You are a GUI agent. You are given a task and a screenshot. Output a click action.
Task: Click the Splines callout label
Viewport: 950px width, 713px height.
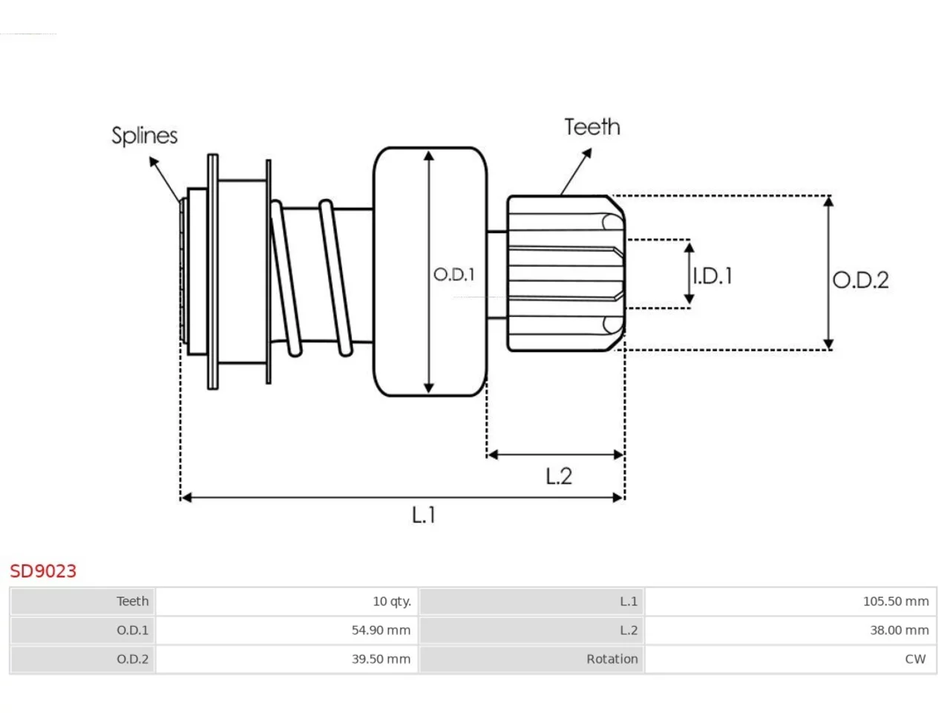tap(145, 136)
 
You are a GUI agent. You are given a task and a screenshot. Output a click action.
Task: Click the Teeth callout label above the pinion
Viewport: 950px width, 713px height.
tap(592, 127)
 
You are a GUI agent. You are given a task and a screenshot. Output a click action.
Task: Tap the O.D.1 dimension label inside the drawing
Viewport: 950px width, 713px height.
tap(454, 274)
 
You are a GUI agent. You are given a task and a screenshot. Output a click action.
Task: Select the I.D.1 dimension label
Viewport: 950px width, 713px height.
tap(712, 276)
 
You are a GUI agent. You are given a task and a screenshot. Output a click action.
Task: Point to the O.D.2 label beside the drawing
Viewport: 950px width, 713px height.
tap(860, 280)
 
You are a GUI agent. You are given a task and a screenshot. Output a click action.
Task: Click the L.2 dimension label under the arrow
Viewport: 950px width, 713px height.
tap(559, 476)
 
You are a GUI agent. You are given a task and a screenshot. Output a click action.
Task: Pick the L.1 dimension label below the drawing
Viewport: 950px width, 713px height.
tap(423, 515)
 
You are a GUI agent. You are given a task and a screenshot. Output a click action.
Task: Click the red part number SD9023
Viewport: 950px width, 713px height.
tap(43, 571)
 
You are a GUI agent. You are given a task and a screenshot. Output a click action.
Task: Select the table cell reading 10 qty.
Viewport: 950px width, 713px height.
tap(392, 602)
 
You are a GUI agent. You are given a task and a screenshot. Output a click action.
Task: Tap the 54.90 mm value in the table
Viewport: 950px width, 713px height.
tap(381, 630)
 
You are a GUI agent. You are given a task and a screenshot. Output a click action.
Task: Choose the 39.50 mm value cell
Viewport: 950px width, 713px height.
tap(381, 659)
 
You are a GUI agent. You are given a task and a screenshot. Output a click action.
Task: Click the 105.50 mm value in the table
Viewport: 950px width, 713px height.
tap(896, 602)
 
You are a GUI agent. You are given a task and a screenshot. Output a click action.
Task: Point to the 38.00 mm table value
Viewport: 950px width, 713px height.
tap(900, 630)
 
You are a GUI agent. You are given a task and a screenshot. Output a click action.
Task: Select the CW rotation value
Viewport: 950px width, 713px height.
tap(915, 659)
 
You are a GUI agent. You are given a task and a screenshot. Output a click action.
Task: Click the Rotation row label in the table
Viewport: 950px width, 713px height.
tap(612, 659)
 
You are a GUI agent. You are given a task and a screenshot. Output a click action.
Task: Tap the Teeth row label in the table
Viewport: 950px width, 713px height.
tap(132, 602)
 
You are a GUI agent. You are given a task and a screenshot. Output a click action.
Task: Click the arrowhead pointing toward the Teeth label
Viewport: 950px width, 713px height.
tap(587, 153)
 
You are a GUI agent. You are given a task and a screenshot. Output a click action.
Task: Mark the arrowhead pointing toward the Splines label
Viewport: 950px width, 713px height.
tap(153, 161)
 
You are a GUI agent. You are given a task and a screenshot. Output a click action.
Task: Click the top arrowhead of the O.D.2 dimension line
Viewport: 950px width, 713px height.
tap(828, 202)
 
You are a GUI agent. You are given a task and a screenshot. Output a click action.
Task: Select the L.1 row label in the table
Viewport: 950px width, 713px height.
tap(629, 602)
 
